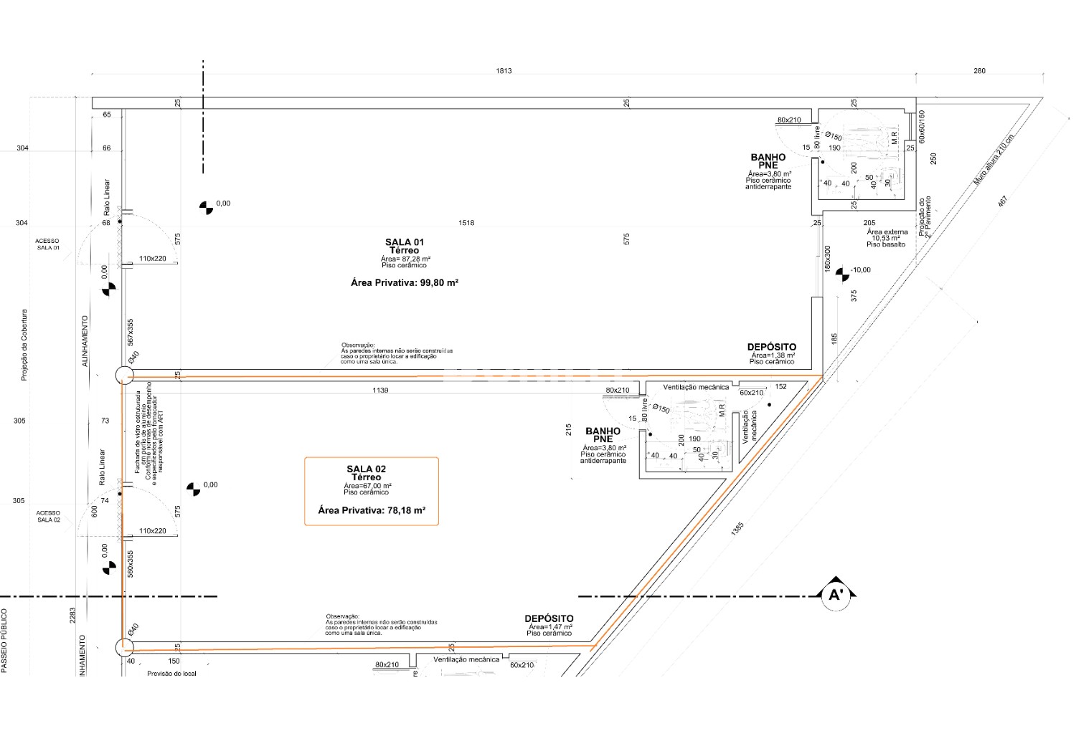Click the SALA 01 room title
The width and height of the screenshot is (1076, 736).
(405, 242)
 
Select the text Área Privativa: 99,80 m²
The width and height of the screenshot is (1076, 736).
(405, 283)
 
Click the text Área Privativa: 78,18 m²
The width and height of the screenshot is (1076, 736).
(372, 511)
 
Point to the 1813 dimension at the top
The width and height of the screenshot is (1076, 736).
(504, 71)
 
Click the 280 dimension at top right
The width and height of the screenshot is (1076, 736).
(980, 71)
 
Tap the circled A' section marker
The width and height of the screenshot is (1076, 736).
(835, 595)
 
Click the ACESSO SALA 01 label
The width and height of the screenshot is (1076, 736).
(48, 244)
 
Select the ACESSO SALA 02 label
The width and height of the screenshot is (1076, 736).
(48, 516)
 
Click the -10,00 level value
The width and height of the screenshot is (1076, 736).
(860, 270)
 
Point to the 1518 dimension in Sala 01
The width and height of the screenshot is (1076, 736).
(466, 223)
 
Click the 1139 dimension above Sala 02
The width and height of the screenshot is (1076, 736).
(380, 391)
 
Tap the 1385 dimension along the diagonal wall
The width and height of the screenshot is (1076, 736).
(739, 530)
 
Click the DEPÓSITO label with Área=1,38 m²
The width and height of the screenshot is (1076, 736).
(772, 348)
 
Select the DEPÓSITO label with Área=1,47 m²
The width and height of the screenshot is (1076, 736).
(549, 618)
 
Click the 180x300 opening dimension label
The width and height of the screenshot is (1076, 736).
(827, 259)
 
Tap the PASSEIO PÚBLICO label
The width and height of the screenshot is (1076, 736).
(4, 641)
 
